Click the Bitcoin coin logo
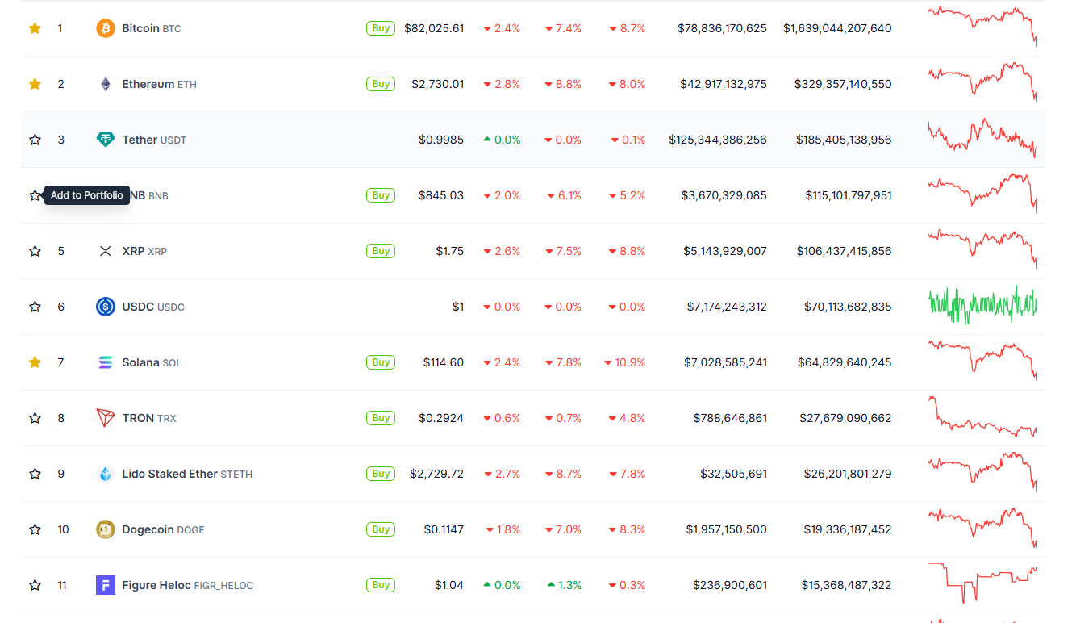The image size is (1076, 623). coord(106,28)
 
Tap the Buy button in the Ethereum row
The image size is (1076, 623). coord(381,84)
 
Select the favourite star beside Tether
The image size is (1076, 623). coord(35,140)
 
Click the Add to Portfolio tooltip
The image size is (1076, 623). coord(87,195)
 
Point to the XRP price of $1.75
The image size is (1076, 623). coord(450,251)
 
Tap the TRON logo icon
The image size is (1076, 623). coord(106,418)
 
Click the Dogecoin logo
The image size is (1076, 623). coord(106,529)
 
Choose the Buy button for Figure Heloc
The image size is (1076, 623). coord(381,585)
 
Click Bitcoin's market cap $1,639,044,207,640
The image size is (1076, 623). coord(837,28)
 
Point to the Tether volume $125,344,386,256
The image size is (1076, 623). coord(718,140)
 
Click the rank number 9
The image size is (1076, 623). coord(60,474)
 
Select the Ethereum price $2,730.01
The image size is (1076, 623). coord(437,84)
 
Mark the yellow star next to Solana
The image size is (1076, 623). coord(35,362)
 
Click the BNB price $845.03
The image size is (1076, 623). coord(441,195)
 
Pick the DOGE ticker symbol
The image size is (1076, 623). coord(190,530)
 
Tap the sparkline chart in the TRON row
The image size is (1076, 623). coord(982,418)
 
